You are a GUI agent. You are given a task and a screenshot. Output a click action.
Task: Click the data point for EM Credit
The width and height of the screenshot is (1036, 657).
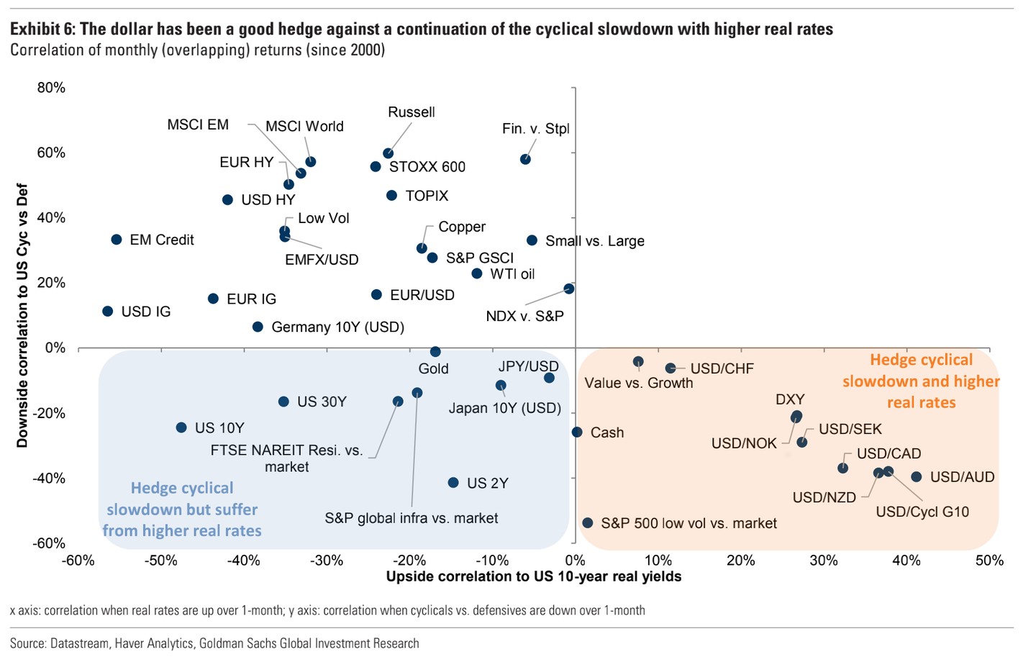pos(117,240)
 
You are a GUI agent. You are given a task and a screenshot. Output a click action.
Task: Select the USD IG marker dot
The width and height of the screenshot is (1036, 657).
pos(108,312)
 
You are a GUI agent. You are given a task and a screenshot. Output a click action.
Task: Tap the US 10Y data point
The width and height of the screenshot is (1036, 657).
pos(181,427)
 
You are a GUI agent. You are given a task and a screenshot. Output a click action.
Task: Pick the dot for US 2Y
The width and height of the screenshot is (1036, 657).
pos(453,483)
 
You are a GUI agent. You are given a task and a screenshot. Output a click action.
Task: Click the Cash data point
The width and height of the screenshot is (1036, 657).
pos(577,432)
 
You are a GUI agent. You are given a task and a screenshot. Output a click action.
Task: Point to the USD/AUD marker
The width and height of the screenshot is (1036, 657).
pos(917,477)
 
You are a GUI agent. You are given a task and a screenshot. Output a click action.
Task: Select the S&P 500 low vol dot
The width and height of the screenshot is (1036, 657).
pos(588,523)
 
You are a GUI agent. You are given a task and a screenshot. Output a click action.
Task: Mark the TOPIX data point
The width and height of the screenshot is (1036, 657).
pos(392,196)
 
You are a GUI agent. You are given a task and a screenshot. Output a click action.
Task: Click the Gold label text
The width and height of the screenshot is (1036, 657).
pos(433,369)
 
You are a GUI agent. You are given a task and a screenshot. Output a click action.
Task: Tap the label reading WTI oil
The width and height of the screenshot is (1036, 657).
pos(512,274)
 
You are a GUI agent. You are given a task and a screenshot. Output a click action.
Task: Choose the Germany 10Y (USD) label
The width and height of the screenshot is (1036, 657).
pos(337,327)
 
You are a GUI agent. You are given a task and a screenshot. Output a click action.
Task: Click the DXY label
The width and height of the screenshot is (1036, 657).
pos(790,399)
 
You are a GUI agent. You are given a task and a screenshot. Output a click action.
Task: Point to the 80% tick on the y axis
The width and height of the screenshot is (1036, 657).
pos(51,88)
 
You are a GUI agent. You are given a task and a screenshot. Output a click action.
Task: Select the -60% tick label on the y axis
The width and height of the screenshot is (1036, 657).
pos(49,543)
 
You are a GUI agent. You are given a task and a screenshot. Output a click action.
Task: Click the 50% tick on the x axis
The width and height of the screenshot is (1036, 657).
pos(989,561)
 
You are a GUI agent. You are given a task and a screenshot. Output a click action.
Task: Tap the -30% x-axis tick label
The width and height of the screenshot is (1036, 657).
pos(327,561)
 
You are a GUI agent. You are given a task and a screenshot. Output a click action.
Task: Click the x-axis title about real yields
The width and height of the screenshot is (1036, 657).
pos(533,576)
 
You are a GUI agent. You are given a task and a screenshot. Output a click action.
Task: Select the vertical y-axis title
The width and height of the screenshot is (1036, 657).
pos(23,316)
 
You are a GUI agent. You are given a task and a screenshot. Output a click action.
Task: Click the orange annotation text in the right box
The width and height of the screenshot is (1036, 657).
pos(921,381)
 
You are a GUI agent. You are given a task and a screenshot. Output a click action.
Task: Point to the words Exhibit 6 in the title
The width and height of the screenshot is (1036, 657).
pos(42,30)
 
